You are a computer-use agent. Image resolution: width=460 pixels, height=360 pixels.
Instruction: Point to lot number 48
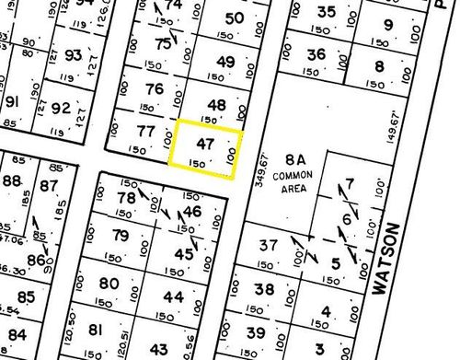[x=218, y=105]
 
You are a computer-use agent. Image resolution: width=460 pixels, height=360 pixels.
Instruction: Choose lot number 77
[x=144, y=132]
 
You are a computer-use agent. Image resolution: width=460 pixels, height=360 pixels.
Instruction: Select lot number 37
[x=268, y=245]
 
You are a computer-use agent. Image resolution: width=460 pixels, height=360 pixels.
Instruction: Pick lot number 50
[x=235, y=17]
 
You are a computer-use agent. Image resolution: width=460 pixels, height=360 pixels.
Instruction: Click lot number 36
[x=316, y=54]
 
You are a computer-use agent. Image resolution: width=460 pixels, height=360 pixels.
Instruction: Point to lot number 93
[x=74, y=54]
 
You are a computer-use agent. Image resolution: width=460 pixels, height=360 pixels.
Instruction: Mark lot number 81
[x=95, y=329]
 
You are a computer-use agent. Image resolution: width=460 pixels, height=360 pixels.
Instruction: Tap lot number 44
[x=173, y=296]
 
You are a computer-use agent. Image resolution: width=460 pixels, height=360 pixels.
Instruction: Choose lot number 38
[x=265, y=289]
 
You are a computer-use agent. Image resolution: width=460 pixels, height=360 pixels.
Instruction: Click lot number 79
[x=121, y=237]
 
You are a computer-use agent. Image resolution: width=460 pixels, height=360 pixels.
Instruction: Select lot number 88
[x=12, y=180]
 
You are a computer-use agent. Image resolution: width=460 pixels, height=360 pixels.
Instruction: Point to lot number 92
[x=61, y=109]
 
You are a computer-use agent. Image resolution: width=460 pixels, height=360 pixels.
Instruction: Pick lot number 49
[x=225, y=62]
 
